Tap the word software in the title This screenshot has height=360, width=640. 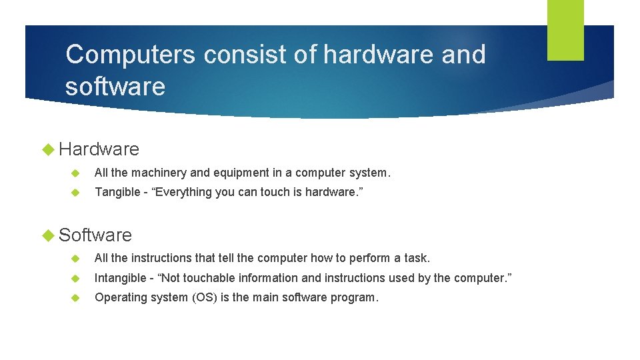[115, 87]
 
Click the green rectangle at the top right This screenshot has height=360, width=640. [565, 30]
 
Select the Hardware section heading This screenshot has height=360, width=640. [99, 149]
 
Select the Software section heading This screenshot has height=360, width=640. [95, 235]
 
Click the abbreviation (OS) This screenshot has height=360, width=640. [207, 297]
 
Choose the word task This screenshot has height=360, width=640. [417, 258]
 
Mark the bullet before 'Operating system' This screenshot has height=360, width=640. [75, 297]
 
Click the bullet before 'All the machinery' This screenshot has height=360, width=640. [75, 173]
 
